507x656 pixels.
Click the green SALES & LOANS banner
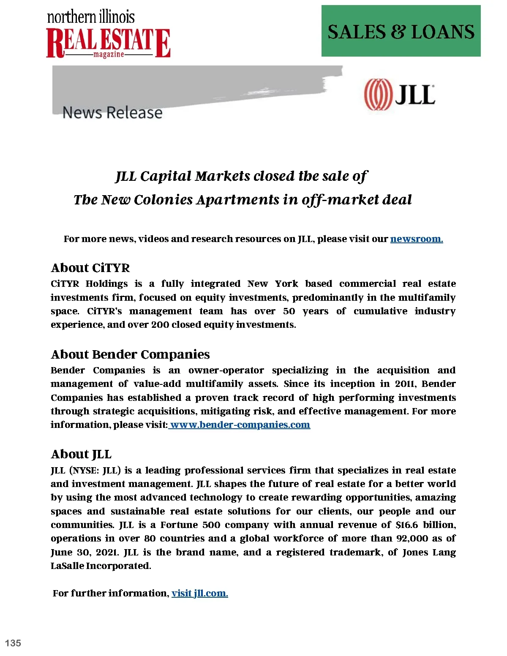[401, 31]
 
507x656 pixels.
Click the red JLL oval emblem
[377, 94]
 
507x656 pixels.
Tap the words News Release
[112, 113]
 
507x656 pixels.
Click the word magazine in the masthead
[109, 54]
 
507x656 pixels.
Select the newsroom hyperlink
[416, 239]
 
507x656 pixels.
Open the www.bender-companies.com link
[240, 425]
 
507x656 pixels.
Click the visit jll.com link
[199, 593]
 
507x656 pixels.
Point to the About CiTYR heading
[90, 268]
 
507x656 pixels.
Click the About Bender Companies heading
[130, 354]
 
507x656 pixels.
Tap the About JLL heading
[81, 455]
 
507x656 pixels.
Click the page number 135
[13, 643]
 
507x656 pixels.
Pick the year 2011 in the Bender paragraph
[404, 384]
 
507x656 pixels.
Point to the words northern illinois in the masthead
[91, 17]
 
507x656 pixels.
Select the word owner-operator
[226, 370]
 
